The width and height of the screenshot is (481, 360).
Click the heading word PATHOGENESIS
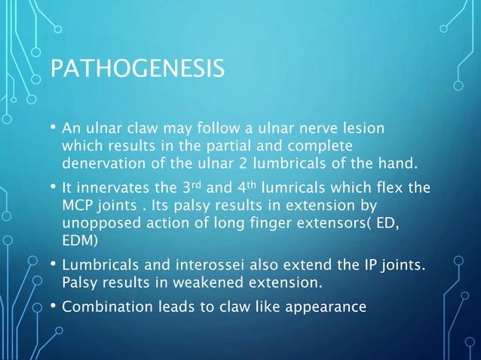[x=136, y=69]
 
